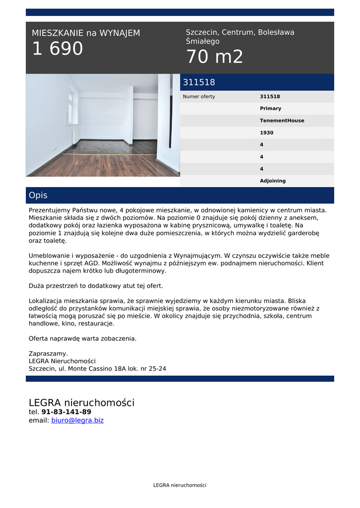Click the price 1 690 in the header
click(58, 49)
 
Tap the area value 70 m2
click(215, 57)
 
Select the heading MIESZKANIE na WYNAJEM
click(86, 33)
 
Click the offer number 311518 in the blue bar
click(199, 82)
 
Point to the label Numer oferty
click(199, 97)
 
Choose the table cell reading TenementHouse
click(282, 121)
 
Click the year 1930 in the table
click(267, 133)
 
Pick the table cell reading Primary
click(271, 109)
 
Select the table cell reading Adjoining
click(273, 181)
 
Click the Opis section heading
click(38, 195)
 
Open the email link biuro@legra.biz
click(77, 420)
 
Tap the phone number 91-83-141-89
click(66, 412)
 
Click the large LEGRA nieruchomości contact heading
click(81, 402)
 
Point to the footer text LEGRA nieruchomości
click(180, 485)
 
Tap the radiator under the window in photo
click(74, 134)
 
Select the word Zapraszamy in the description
click(48, 354)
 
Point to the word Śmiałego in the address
click(203, 42)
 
